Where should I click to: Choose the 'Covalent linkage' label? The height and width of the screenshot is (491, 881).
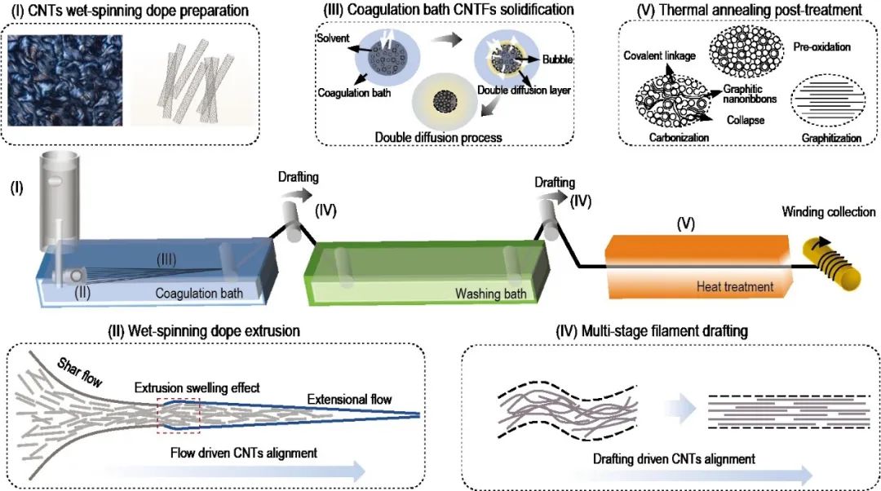658,55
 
